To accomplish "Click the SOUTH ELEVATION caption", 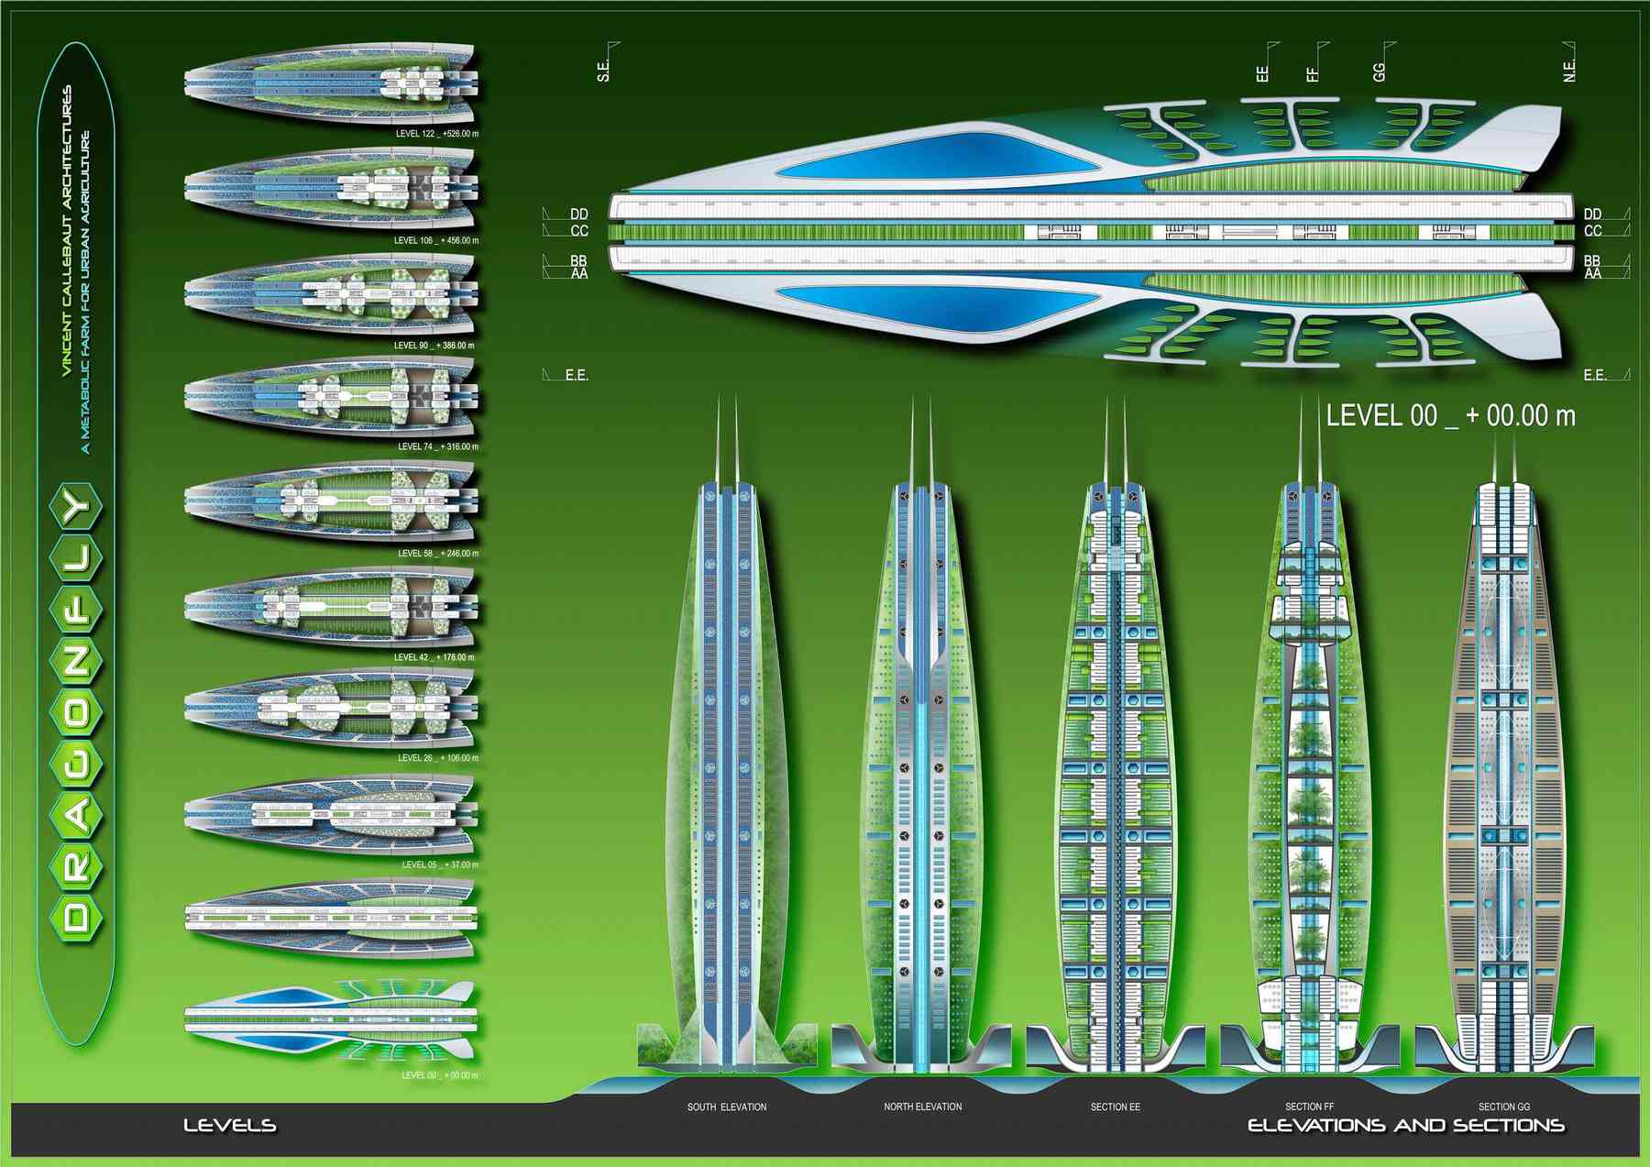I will coord(727,1107).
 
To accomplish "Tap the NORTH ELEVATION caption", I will coord(922,1106).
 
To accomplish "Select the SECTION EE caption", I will coord(1115,1107).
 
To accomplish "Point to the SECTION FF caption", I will coord(1309,1106).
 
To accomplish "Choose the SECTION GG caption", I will coord(1503,1106).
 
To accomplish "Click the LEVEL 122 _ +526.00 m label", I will coord(436,134).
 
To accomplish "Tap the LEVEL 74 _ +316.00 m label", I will coord(437,447).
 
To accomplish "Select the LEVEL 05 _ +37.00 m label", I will coord(440,864).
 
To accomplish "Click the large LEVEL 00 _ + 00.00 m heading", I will coord(1450,416).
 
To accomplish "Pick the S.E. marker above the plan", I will coord(603,70).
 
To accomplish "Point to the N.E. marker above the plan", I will coord(1568,71).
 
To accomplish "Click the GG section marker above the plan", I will coord(1380,72).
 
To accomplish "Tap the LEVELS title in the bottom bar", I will coord(229,1126).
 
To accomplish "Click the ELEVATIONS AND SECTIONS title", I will coord(1405,1126).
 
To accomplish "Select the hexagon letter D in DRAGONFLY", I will coord(77,916).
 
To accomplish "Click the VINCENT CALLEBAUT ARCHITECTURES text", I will coord(67,231).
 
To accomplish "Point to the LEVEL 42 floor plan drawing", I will coord(330,605).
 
